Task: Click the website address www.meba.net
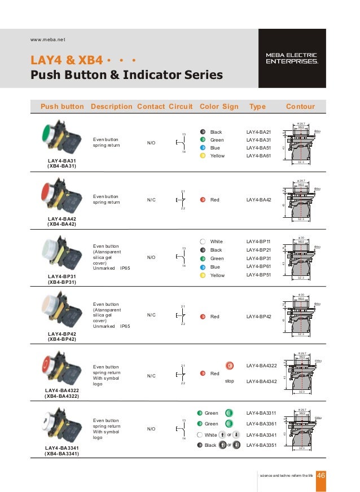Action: click(x=47, y=39)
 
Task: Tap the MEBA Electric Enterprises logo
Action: click(x=292, y=58)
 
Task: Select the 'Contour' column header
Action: click(x=300, y=107)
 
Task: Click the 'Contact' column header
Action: click(x=151, y=107)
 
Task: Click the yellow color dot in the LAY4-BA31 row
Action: click(x=203, y=156)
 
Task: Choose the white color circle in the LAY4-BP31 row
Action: click(x=203, y=241)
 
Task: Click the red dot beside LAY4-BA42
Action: click(x=203, y=200)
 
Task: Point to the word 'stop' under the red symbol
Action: click(x=229, y=381)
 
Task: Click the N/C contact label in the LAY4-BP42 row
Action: click(x=151, y=315)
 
